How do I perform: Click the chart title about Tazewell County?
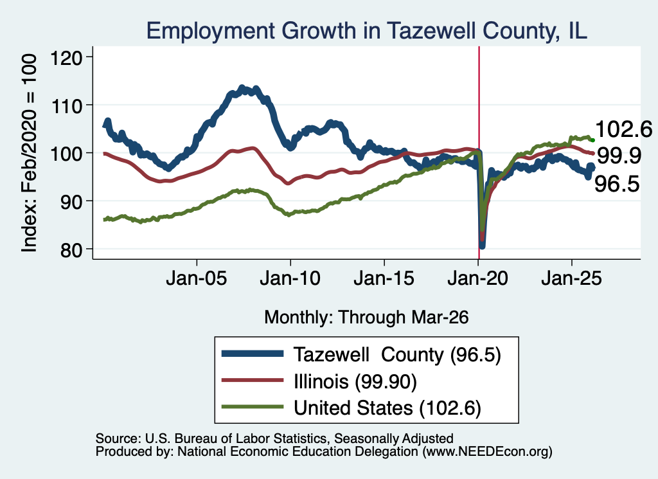click(367, 31)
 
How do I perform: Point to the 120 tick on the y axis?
click(66, 57)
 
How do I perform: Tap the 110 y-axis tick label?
click(66, 105)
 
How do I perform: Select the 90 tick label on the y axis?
click(71, 201)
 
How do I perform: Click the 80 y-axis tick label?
click(71, 249)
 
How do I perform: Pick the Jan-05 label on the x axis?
click(197, 278)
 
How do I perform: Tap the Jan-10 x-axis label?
click(290, 278)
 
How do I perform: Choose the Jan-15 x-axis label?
click(384, 278)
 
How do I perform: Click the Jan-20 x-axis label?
click(478, 278)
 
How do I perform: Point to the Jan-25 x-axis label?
click(571, 278)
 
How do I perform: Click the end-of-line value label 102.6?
click(623, 129)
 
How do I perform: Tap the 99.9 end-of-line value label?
click(619, 156)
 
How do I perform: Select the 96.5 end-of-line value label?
click(617, 184)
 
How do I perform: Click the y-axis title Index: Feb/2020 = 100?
click(30, 153)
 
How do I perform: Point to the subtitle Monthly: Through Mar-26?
click(366, 318)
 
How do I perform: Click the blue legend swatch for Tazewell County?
click(253, 354)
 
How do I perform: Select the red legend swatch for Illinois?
click(253, 380)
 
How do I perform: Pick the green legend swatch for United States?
click(253, 406)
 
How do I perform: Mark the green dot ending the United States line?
click(592, 140)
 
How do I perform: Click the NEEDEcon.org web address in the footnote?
click(487, 451)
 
